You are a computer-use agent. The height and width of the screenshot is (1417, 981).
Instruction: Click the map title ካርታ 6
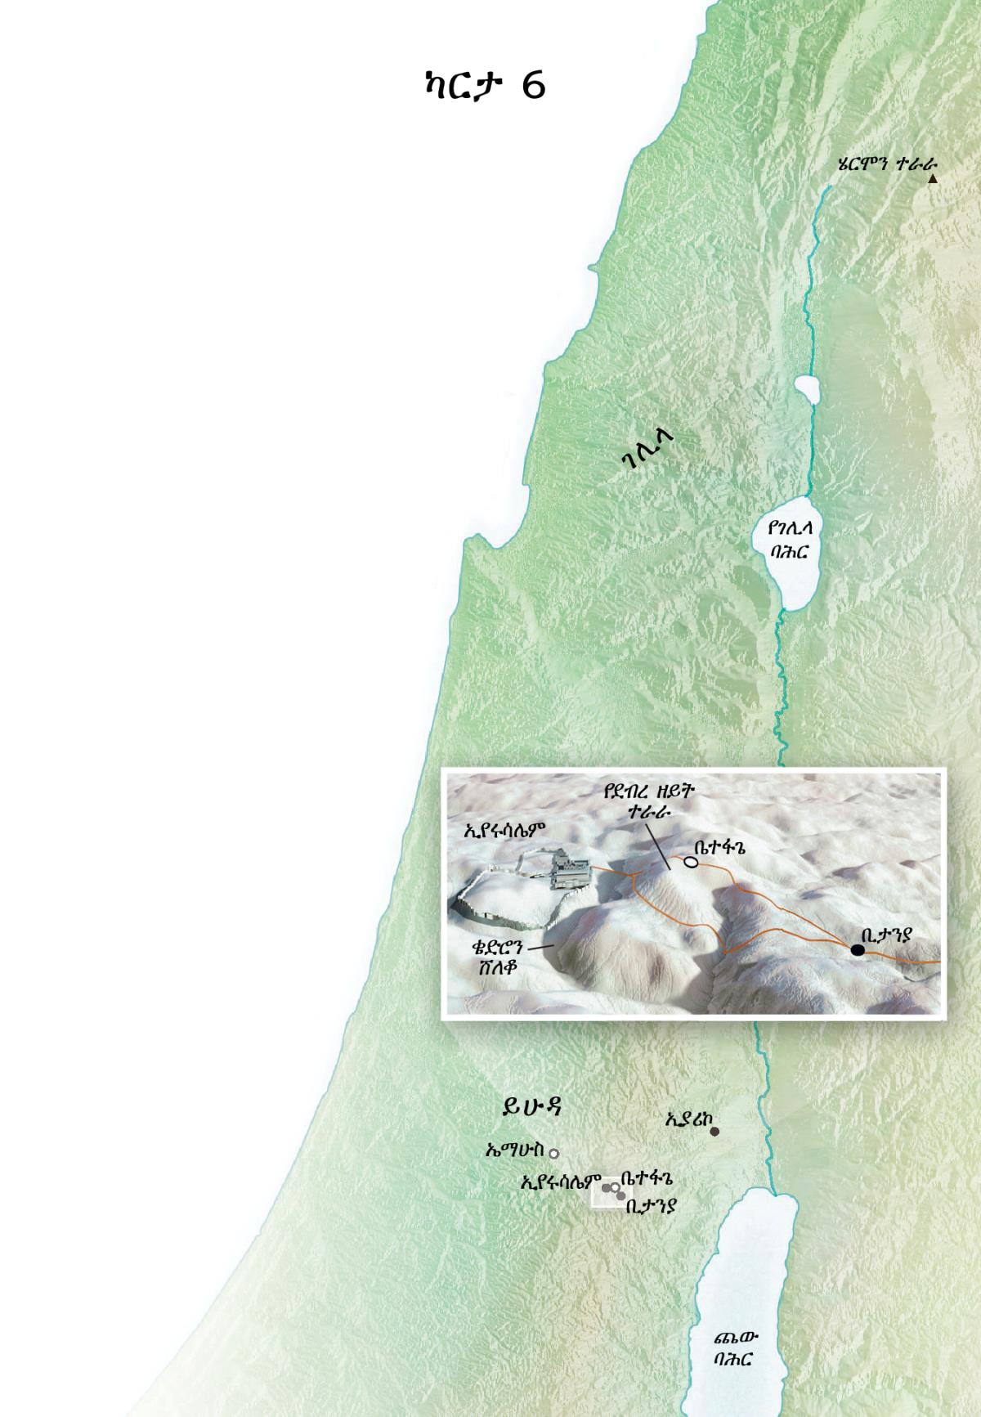[x=486, y=84]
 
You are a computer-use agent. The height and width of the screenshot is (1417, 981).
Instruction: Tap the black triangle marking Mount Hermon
[x=932, y=178]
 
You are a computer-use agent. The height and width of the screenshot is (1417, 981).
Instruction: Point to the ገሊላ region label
[x=648, y=451]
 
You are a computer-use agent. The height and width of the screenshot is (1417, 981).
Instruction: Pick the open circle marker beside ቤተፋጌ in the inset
[x=691, y=861]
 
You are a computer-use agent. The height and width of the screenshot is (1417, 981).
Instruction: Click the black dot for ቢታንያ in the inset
[x=857, y=949]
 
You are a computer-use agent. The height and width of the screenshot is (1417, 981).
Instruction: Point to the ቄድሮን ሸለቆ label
[x=497, y=957]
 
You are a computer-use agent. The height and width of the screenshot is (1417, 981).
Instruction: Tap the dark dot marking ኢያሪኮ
[x=714, y=1132]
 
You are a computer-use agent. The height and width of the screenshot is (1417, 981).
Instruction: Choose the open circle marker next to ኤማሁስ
[x=553, y=1153]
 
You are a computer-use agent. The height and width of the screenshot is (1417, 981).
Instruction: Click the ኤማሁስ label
[x=514, y=1149]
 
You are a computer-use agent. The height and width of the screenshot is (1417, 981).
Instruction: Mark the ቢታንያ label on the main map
[x=652, y=1206]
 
